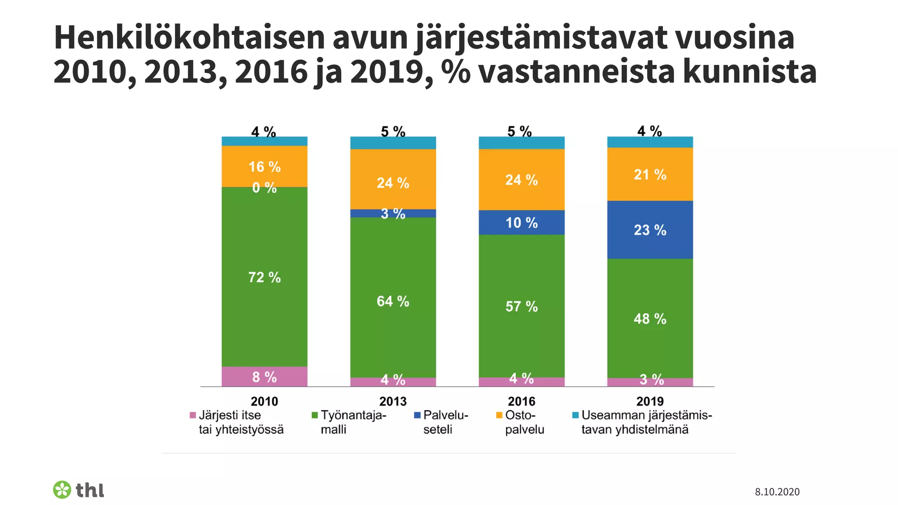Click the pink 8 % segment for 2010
[264, 377]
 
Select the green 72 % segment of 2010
[264, 277]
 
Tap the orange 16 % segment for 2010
[264, 166]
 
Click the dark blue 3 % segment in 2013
[393, 213]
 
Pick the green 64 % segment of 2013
[393, 301]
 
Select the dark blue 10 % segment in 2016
[521, 223]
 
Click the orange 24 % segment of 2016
[521, 180]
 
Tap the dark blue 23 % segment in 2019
[650, 230]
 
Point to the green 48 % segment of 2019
[650, 319]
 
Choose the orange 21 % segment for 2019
[650, 174]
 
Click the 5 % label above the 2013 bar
[393, 131]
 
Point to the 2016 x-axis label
[521, 401]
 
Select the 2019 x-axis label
[650, 401]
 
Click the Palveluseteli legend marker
[417, 415]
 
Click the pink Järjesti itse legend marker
[192, 415]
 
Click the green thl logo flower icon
[62, 490]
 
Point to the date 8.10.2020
[777, 492]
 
